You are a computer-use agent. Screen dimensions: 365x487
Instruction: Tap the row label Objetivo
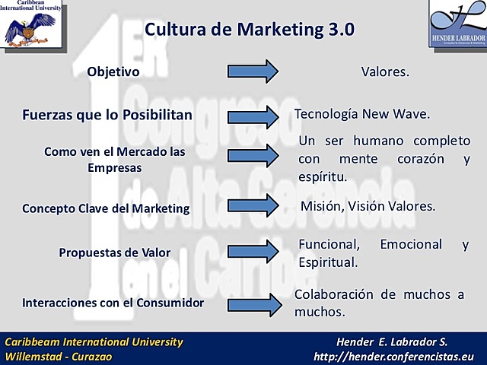[x=113, y=72]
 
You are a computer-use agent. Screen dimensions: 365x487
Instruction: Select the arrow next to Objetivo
[x=253, y=72]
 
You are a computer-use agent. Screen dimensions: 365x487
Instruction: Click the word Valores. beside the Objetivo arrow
[x=385, y=72]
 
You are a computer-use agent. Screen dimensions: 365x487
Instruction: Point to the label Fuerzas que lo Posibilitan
[x=107, y=116]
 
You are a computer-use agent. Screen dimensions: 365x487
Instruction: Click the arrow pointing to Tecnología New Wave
[x=253, y=116]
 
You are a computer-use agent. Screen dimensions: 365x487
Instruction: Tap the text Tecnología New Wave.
[x=362, y=114]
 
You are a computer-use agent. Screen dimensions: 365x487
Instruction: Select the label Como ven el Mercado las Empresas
[x=115, y=158]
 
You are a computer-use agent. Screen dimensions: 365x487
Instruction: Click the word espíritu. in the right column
[x=323, y=176]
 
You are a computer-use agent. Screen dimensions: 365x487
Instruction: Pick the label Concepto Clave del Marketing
[x=106, y=208]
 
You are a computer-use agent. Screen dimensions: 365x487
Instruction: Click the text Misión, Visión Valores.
[x=368, y=206]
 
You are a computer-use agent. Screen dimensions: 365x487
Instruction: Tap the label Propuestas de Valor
[x=115, y=252]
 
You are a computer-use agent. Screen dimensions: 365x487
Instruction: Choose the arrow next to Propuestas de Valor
[x=253, y=251]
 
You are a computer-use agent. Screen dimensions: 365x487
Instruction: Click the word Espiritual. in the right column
[x=328, y=262]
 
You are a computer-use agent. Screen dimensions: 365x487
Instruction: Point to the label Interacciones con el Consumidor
[x=113, y=302]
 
